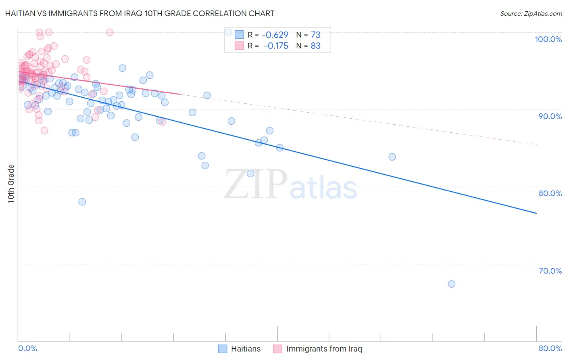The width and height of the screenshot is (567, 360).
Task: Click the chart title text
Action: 140,13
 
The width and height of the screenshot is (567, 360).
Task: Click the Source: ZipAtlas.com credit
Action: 531,13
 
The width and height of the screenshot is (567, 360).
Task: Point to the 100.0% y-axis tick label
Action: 548,39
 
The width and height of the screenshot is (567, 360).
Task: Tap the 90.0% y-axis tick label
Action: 550,116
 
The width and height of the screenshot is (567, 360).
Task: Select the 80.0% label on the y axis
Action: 550,193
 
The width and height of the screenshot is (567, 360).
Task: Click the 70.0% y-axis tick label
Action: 550,271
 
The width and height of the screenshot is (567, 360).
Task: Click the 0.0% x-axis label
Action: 28,348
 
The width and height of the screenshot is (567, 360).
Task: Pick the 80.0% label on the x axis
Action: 550,348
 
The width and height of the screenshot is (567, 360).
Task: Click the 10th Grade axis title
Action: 11,184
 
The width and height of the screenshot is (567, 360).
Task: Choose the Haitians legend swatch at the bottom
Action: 223,349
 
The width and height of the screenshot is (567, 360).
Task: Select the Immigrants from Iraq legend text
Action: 324,349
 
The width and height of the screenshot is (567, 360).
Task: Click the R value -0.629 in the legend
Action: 275,35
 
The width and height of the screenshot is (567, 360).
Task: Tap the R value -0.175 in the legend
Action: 276,46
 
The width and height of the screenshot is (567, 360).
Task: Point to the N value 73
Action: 315,35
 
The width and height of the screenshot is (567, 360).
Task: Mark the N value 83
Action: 315,46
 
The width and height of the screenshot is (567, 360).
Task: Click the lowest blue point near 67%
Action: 452,284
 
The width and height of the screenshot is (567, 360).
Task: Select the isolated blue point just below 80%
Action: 82,202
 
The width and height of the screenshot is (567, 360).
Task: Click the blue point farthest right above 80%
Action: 392,157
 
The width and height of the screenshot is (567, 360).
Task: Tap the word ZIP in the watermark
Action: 255,184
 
